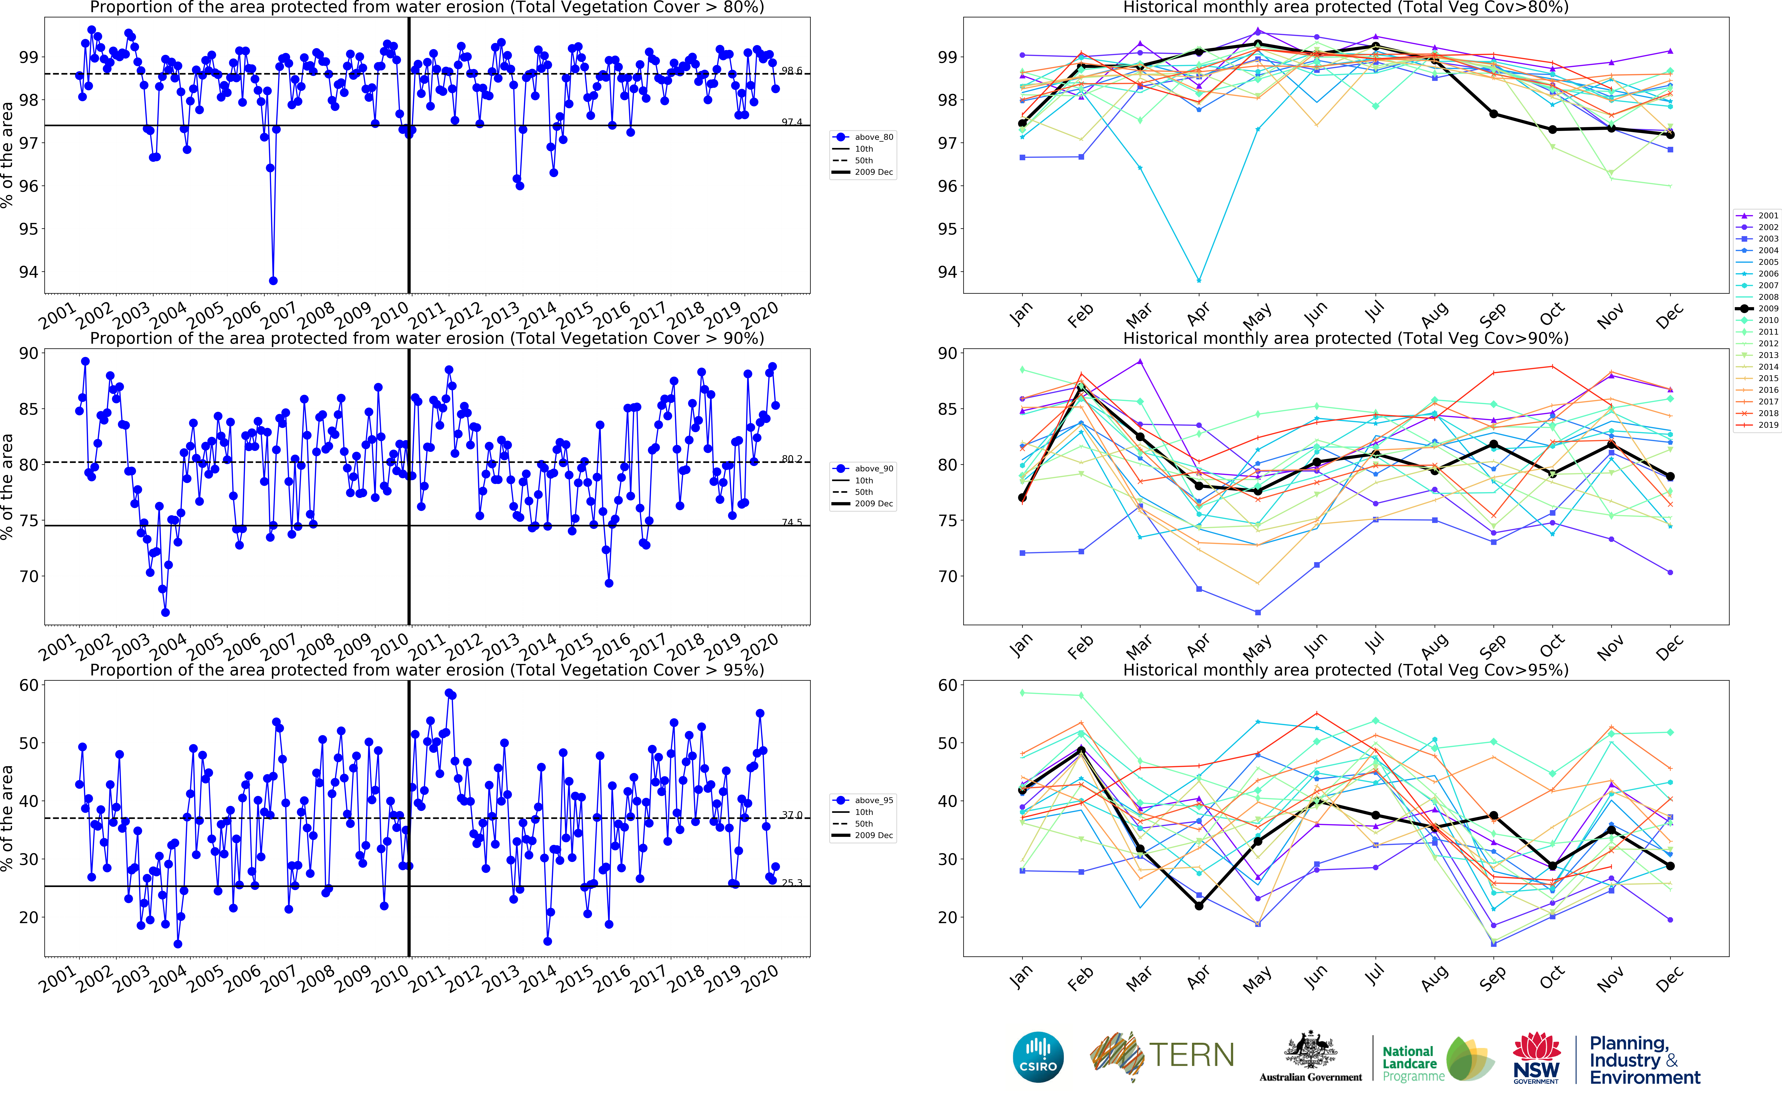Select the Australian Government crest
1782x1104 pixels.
point(1310,1051)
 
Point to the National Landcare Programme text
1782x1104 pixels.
point(1409,1063)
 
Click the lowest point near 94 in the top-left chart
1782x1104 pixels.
point(273,280)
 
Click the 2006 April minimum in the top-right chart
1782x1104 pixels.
point(1199,280)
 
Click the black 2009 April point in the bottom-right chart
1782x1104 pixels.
point(1199,905)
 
